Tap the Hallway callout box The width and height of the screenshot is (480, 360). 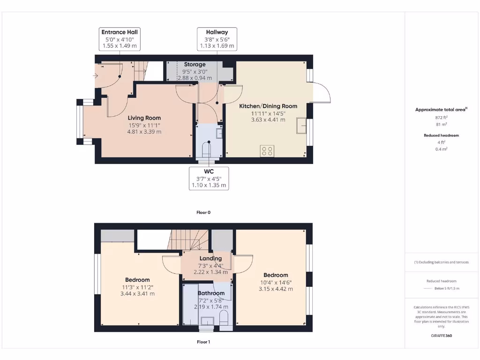[x=217, y=39]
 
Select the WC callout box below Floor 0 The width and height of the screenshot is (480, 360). [x=209, y=178]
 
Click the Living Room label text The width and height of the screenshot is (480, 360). [x=144, y=118]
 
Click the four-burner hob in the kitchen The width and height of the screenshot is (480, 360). [x=268, y=151]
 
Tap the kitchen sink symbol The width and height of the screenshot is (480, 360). [x=301, y=125]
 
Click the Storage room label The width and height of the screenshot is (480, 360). [x=194, y=65]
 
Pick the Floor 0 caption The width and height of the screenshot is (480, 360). [x=203, y=212]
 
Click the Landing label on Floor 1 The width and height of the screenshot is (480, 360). [x=210, y=259]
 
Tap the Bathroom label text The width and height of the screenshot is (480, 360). [x=211, y=293]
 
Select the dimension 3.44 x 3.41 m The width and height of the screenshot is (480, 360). [x=137, y=294]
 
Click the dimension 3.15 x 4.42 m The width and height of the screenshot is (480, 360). [x=276, y=289]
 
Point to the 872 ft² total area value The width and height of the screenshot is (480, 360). [x=441, y=118]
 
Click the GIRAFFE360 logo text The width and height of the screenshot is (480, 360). [x=441, y=336]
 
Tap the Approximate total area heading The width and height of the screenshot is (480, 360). [x=441, y=110]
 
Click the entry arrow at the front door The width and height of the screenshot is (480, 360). [x=97, y=75]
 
